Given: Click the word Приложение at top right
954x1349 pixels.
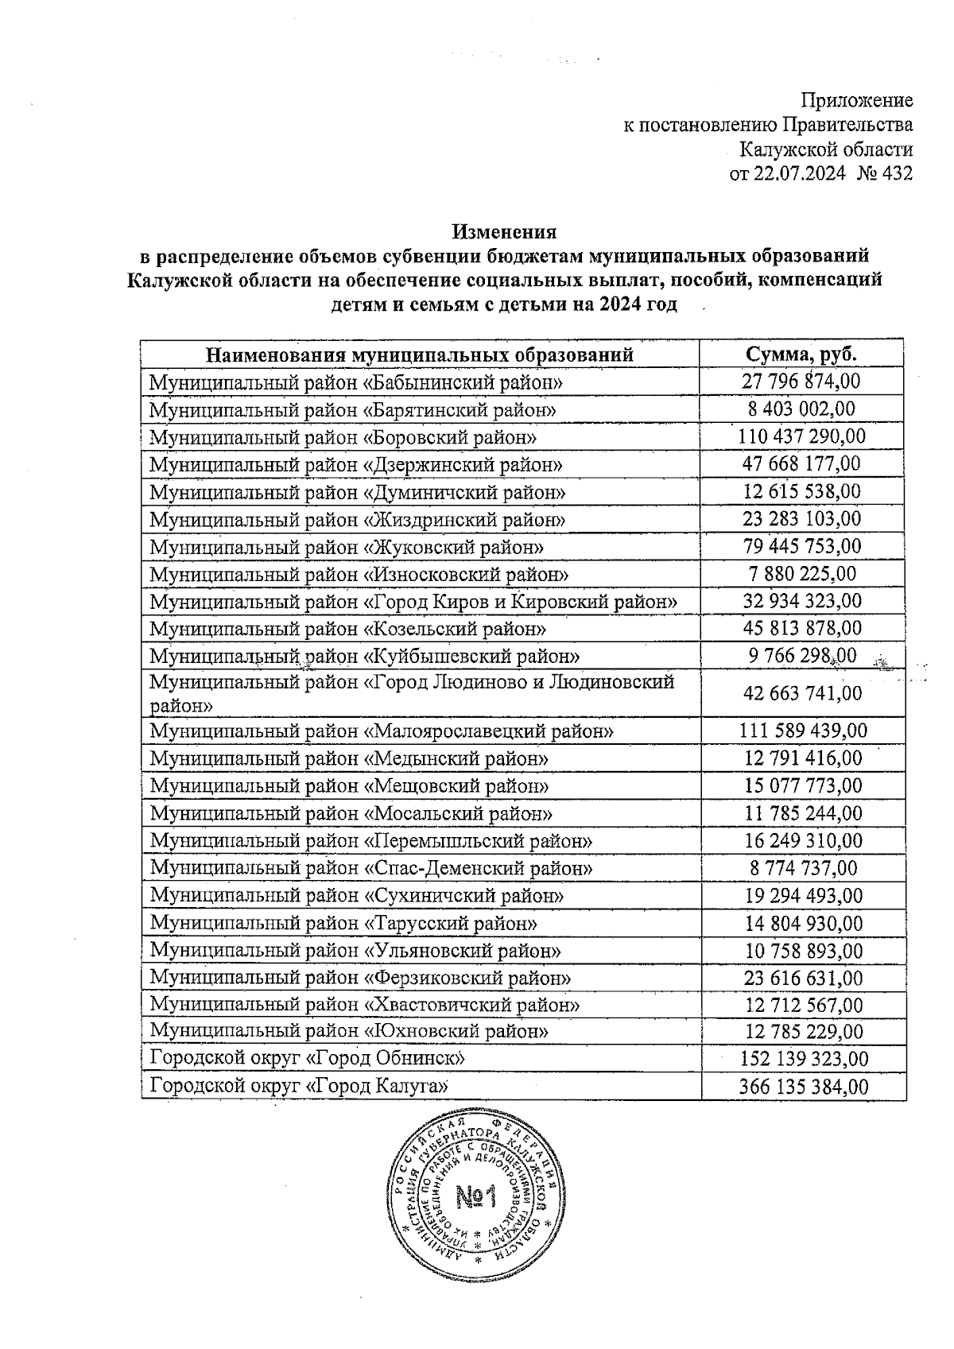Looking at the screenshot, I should tap(855, 101).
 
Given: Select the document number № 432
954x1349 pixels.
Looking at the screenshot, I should tap(885, 174).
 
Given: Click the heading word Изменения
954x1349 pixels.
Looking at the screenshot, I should tap(504, 232).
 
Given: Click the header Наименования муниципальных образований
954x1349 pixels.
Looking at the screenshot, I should tap(420, 355).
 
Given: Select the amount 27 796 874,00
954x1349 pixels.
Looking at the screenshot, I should tap(801, 382).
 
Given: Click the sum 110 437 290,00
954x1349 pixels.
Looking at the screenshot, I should tap(801, 436).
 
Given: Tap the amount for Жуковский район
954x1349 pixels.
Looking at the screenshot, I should tap(801, 546).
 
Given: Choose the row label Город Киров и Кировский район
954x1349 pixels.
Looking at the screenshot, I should tap(413, 602).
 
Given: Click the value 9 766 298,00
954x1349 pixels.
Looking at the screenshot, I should tap(801, 656).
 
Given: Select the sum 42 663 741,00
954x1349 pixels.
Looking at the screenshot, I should tap(801, 693).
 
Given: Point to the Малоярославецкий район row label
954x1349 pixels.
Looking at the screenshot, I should tap(382, 731).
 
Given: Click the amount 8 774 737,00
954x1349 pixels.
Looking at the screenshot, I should tap(801, 868).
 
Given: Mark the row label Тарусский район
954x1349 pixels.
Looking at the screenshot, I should tap(343, 924).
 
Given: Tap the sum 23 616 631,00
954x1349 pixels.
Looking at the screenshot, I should tap(801, 978).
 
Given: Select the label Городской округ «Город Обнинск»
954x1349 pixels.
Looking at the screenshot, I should tap(307, 1059).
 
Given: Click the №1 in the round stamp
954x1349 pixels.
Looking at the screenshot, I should tap(475, 1196).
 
